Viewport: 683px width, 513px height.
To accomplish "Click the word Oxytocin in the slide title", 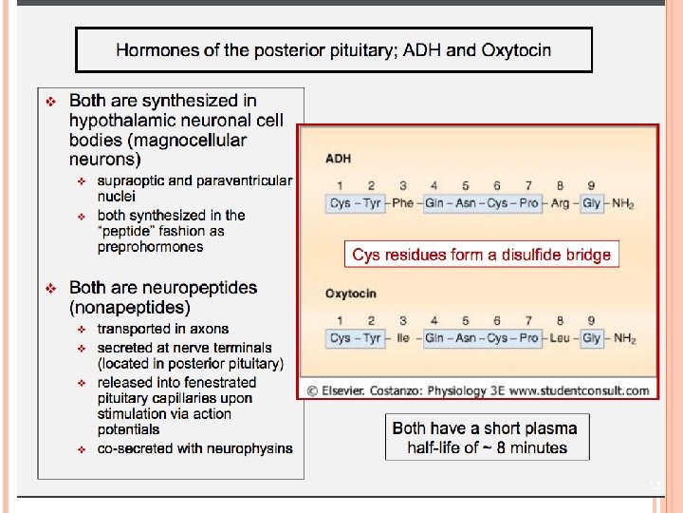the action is pos(516,49).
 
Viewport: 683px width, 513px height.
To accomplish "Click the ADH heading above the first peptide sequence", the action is pos(339,159).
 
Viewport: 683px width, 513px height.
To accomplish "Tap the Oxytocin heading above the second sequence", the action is pos(351,294).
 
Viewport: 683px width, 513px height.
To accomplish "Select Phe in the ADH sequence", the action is pos(402,203).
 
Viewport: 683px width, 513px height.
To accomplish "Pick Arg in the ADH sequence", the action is pos(560,203).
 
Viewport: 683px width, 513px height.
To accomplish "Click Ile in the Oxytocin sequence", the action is pos(402,338).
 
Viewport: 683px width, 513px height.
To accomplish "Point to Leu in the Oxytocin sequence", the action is pos(560,338).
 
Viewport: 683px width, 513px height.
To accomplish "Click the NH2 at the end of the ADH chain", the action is pos(623,204).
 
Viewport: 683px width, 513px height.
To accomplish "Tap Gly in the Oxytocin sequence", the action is pos(592,338).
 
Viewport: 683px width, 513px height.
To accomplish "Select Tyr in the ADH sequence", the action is pos(371,203).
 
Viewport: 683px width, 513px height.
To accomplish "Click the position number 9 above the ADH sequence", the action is pos(591,185).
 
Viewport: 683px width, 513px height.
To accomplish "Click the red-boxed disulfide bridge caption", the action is pos(481,255).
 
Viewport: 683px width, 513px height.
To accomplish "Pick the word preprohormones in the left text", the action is pos(150,247).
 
